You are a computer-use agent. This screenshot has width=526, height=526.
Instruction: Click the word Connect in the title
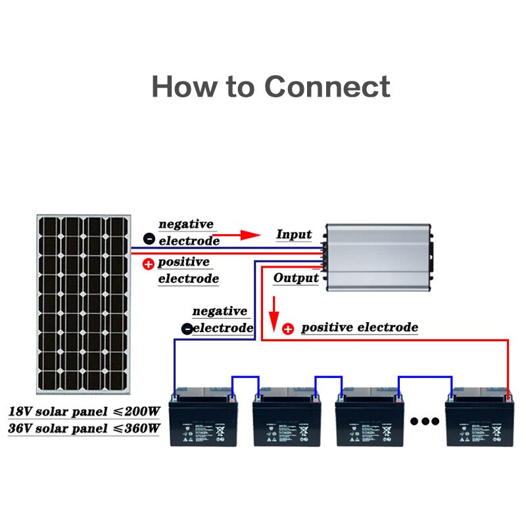327,87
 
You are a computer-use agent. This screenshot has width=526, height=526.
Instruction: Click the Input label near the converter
294,235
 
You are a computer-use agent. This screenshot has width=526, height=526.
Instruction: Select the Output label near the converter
296,278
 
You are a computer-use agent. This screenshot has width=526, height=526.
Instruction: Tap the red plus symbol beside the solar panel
149,264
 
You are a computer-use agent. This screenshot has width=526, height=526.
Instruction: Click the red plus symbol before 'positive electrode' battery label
288,328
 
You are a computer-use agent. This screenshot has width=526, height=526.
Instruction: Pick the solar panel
83,303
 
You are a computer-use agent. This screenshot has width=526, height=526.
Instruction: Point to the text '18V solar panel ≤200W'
84,412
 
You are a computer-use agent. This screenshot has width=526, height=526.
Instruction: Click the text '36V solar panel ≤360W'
84,429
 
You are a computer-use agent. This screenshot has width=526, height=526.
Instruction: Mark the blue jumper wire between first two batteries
245,378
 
